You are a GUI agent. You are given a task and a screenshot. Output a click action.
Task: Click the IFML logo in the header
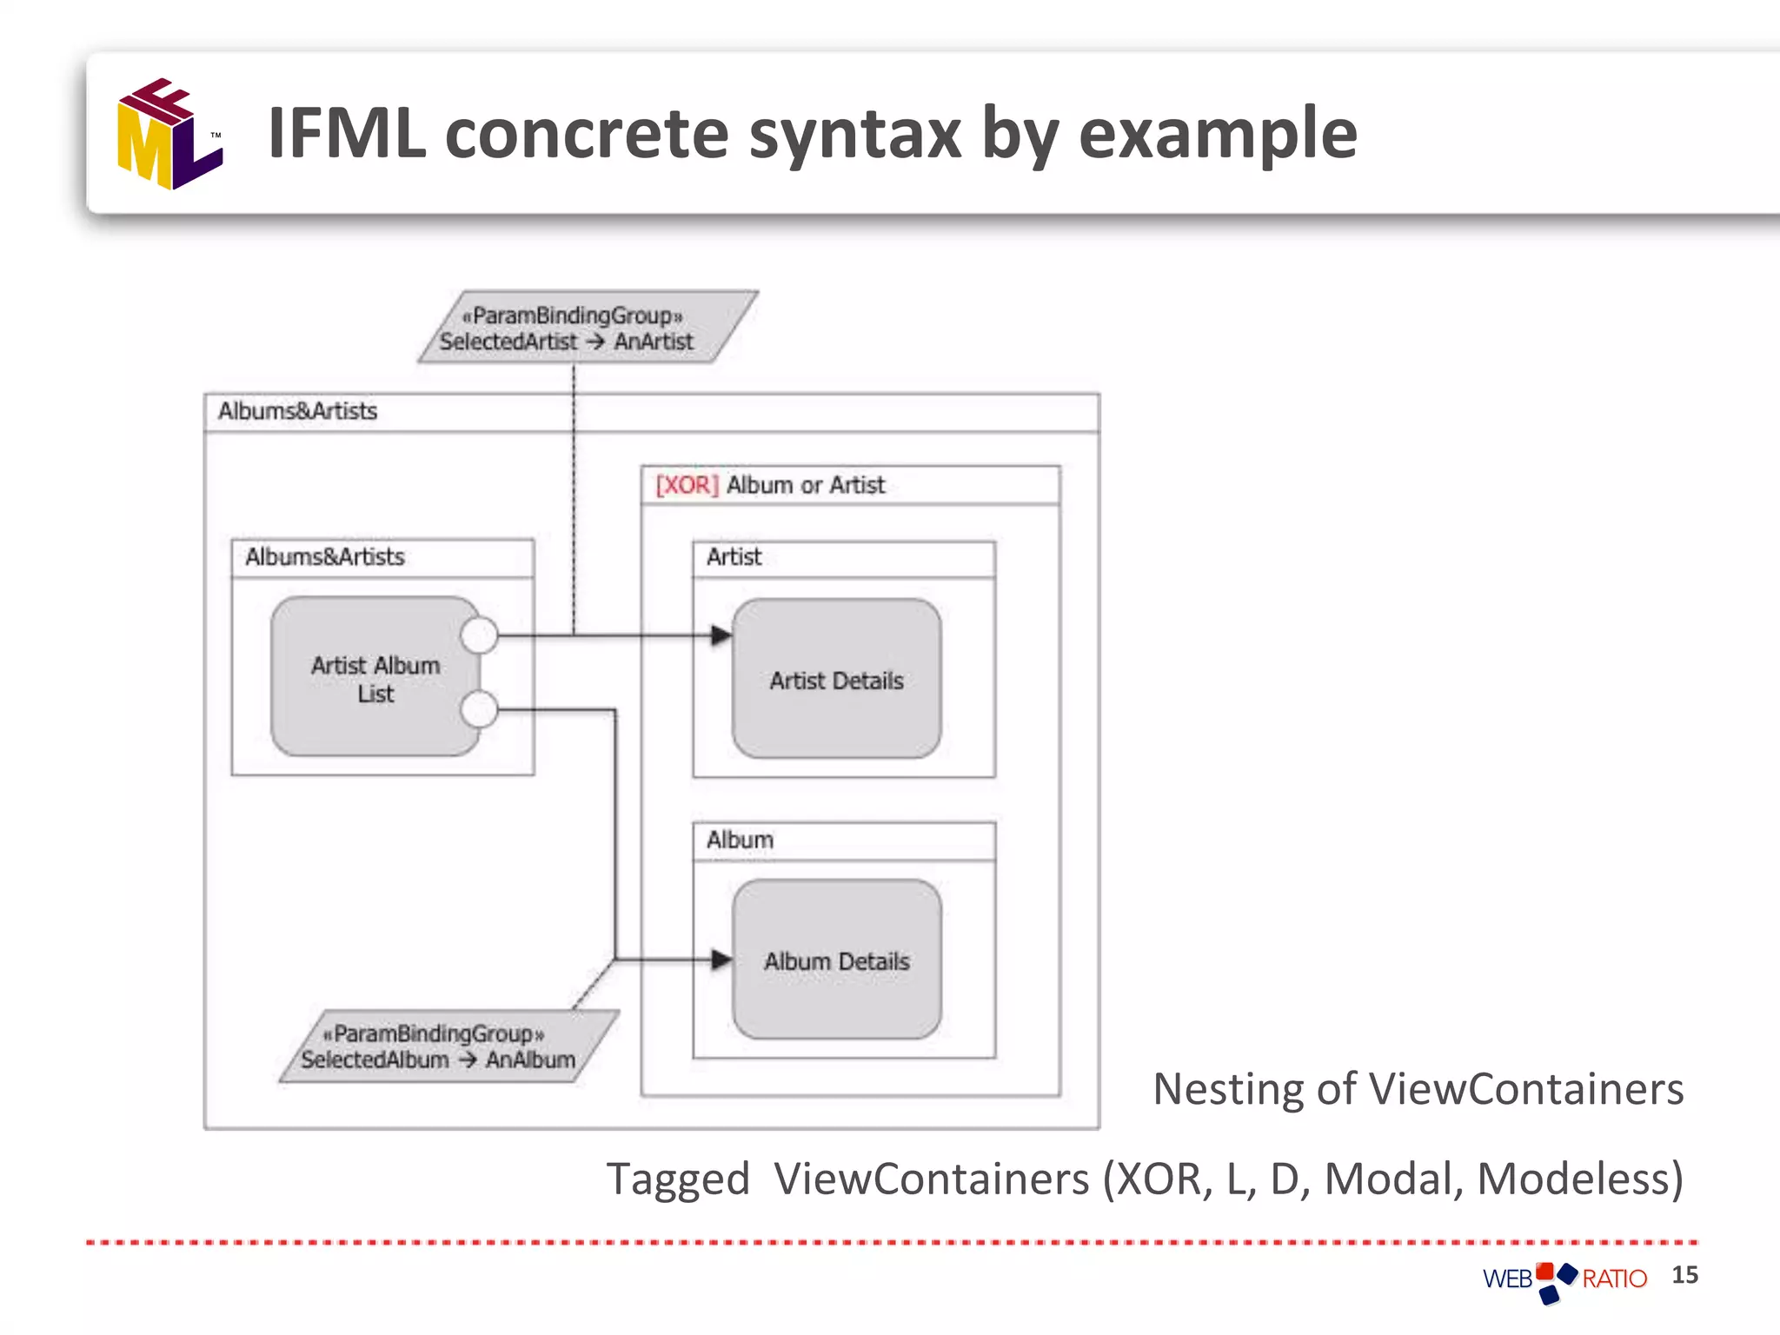[x=170, y=135]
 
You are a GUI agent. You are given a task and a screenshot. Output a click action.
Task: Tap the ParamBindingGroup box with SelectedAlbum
[x=448, y=1046]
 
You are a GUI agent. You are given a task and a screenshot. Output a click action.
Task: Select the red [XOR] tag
[x=687, y=485]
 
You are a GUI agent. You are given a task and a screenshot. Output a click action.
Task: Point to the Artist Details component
[x=836, y=680]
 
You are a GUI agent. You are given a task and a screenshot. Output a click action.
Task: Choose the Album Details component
[x=836, y=960]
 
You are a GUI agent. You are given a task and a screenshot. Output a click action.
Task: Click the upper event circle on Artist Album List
[x=479, y=635]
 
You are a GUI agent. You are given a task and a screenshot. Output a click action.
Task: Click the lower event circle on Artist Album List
[x=479, y=709]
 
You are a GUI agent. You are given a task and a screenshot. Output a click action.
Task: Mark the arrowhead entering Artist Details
[x=721, y=635]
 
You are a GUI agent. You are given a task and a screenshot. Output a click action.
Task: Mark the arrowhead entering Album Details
[x=721, y=960]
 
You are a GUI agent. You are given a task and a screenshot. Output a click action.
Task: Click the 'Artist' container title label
[x=734, y=557]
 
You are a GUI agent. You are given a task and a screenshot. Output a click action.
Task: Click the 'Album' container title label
[x=740, y=840]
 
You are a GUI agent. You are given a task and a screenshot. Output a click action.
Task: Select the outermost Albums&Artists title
[x=297, y=411]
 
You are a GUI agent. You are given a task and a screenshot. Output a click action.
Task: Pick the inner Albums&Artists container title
[x=325, y=557]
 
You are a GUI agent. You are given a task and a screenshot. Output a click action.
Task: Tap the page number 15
[x=1684, y=1275]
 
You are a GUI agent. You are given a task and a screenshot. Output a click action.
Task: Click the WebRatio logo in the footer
[x=1564, y=1279]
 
